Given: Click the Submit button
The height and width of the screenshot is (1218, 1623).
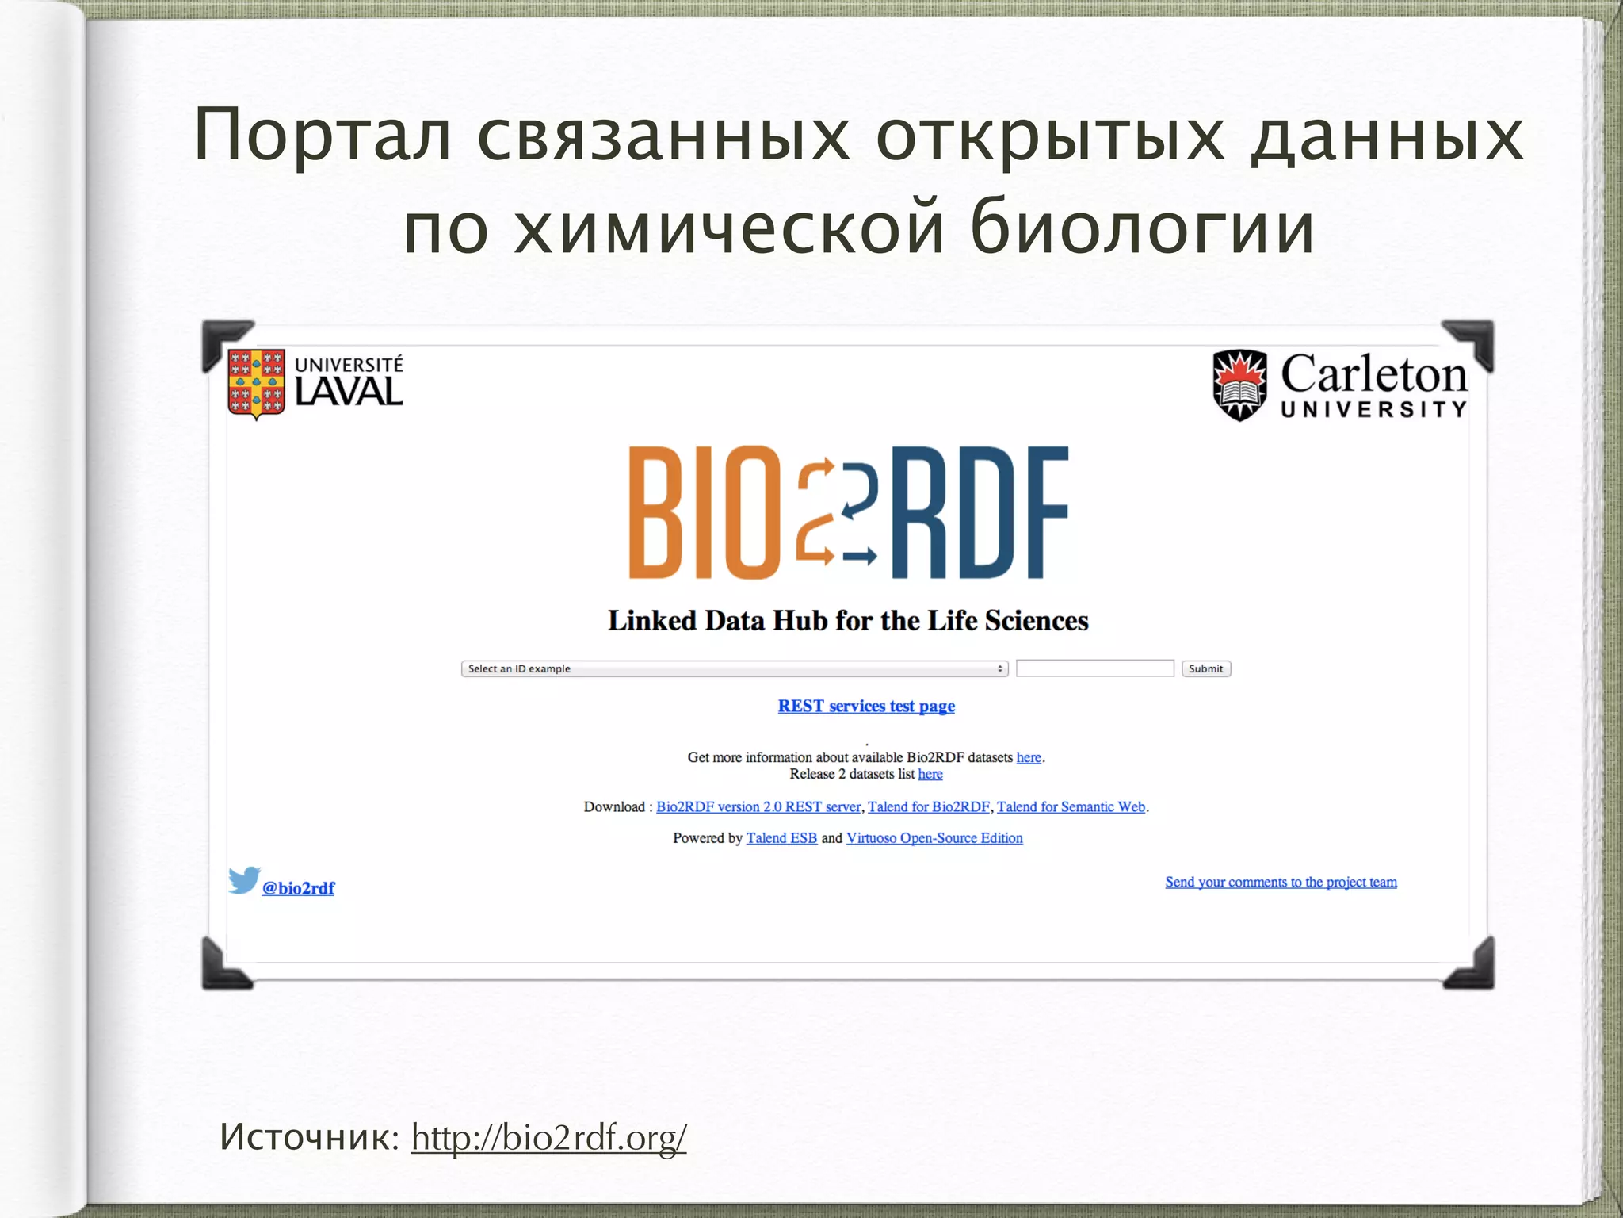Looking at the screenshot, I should (1205, 668).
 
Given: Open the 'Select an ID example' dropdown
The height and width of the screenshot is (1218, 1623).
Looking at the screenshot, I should (734, 668).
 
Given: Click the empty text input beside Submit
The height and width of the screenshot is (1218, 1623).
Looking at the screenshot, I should (1094, 668).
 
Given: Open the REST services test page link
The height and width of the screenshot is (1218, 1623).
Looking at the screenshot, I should (866, 706).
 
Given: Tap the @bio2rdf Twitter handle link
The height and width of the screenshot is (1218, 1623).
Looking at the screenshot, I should (299, 888).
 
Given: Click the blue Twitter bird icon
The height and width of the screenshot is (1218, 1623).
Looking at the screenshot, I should (244, 879).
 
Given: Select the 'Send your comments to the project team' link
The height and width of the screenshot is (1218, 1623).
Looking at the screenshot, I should (1281, 882).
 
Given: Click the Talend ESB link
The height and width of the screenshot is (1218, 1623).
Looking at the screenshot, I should (781, 838).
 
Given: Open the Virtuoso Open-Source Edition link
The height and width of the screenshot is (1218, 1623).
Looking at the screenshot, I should (934, 838).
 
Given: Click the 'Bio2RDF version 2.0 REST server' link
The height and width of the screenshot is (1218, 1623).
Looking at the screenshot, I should (758, 806).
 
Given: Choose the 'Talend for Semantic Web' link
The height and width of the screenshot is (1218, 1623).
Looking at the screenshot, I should (1071, 806).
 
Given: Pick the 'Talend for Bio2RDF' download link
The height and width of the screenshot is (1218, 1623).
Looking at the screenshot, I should (929, 806).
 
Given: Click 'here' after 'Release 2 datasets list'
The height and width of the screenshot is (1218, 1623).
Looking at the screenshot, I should (930, 774).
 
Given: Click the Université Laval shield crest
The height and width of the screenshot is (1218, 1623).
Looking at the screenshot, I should (256, 384).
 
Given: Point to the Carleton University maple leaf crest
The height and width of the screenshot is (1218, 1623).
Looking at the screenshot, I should (1239, 385).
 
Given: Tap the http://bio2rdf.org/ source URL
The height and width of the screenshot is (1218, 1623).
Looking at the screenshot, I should (548, 1138).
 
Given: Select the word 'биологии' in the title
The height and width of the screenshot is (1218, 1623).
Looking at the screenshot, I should (1142, 228).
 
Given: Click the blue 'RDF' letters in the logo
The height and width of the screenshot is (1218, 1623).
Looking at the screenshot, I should (980, 512).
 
